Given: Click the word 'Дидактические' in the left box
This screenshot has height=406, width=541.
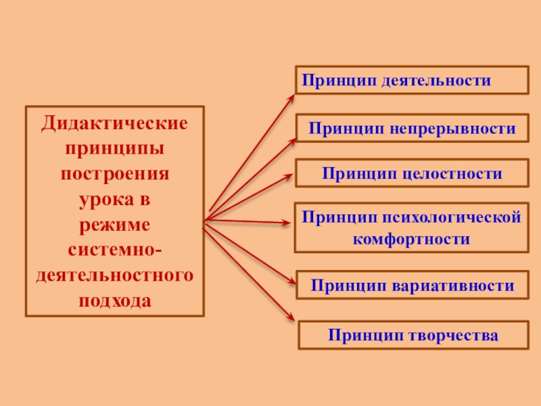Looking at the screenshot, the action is [114, 124].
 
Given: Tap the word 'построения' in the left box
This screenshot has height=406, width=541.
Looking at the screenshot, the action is [114, 173].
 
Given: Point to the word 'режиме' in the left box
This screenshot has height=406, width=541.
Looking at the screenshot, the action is [114, 224].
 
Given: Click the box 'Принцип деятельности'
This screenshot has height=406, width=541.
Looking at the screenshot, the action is [411, 80].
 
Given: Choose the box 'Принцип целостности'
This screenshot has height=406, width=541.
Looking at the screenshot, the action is [412, 174].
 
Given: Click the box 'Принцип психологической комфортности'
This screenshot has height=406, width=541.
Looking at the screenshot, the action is [411, 227].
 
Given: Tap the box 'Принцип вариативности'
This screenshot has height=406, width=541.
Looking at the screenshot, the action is [412, 286].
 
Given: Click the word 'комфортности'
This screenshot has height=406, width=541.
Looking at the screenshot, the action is [411, 239].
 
